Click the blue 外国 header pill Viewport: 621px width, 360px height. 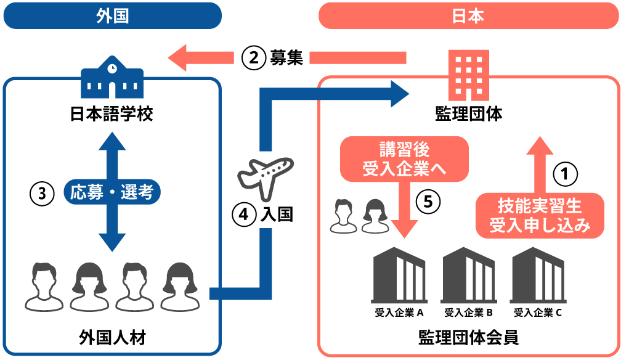tap(112, 16)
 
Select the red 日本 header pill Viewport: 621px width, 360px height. tap(468, 16)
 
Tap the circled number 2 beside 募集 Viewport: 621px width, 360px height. tap(253, 58)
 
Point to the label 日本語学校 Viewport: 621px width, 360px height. tap(112, 114)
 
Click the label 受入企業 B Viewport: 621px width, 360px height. tap(468, 313)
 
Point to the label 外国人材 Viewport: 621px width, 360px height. tap(112, 337)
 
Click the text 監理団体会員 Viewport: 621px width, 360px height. tap(468, 337)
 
